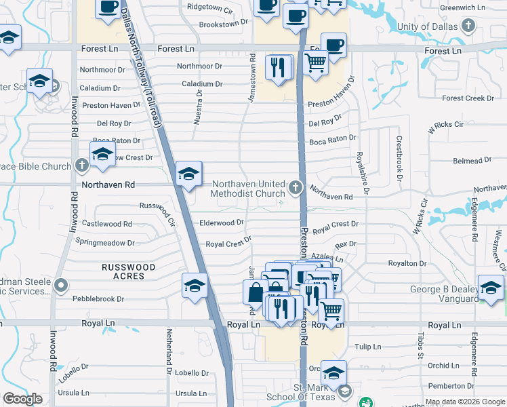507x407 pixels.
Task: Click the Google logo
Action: (x=23, y=399)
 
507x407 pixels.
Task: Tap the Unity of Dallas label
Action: (x=428, y=26)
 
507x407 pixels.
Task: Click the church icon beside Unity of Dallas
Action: (x=468, y=26)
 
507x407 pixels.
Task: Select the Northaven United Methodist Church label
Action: (x=248, y=189)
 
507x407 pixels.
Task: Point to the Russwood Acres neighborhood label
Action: (x=129, y=271)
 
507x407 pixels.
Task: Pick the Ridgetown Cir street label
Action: (x=210, y=12)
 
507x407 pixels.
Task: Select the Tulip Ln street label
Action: (x=369, y=347)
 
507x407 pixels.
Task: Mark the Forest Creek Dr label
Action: (x=468, y=98)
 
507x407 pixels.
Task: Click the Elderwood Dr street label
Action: (x=221, y=222)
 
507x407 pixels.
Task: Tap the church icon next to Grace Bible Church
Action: (x=81, y=166)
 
